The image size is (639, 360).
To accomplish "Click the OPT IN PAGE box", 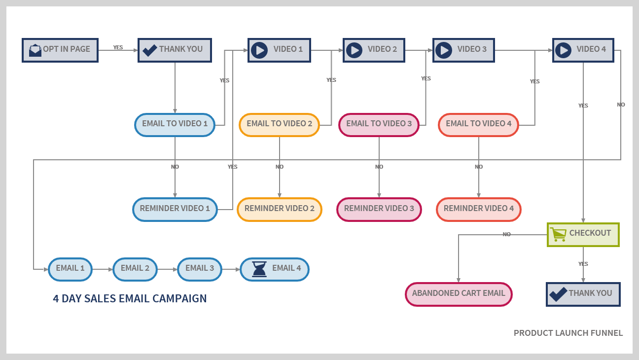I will pos(60,50).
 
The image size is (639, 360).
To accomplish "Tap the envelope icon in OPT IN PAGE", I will pos(35,50).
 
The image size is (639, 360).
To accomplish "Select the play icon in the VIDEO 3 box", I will pos(444,50).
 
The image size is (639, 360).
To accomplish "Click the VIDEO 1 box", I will pos(279,50).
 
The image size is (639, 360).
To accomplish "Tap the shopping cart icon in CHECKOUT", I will pos(558,234).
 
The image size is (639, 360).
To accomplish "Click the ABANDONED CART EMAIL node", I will pos(459,294).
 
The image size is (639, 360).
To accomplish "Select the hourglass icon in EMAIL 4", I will pos(259,269).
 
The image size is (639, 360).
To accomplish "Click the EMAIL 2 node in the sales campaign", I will pos(135,269).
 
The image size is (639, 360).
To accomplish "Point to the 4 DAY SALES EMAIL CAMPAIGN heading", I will pos(130,298).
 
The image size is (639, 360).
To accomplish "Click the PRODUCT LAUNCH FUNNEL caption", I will pos(568,333).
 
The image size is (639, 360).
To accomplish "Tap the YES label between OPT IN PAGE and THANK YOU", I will pos(118,47).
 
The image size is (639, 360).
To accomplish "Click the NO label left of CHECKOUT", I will pos(506,234).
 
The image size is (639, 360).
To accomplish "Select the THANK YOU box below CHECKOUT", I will pos(583,294).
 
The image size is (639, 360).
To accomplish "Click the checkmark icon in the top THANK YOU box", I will pos(149,50).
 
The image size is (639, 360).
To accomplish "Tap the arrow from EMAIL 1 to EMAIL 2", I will pos(102,269).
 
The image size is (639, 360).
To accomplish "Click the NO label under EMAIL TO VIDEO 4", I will pos(478,167).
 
